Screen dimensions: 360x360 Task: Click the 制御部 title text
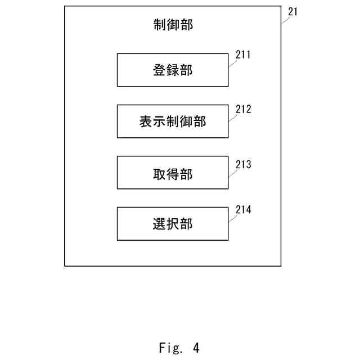coord(173,25)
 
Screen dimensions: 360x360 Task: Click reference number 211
coord(243,56)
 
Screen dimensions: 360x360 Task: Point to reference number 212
coord(243,109)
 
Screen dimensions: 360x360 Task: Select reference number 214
coord(243,210)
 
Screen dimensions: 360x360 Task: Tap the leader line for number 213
coord(232,171)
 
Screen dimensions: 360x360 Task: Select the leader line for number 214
coord(232,217)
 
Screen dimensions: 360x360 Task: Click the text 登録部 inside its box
coord(173,71)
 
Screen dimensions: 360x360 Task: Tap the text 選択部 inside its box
coord(173,224)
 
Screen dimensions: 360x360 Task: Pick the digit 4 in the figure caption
coord(196,348)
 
